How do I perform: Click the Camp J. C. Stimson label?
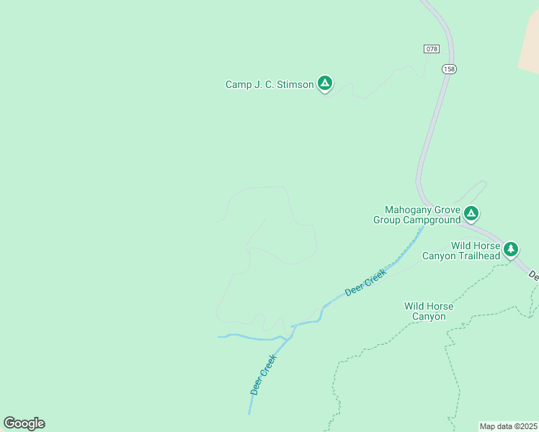coord(269,84)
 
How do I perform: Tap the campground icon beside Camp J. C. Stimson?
coord(325,84)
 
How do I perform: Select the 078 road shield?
coord(431,48)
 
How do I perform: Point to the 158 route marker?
coord(450,69)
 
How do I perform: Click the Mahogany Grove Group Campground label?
coord(416,215)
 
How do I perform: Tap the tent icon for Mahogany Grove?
coord(471,212)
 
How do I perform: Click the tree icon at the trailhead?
coord(511,249)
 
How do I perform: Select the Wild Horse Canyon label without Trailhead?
coord(429,311)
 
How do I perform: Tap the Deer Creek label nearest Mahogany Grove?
coord(365,282)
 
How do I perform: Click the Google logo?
coord(24,423)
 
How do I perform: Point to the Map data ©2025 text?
coord(508,426)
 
